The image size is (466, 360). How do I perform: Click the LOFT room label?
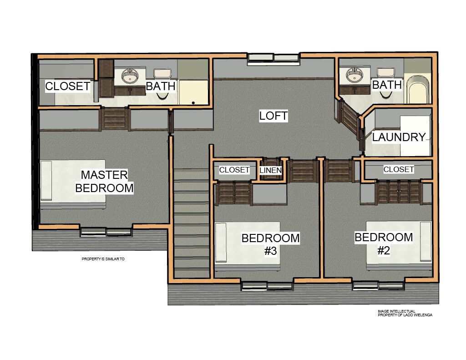pos(274,116)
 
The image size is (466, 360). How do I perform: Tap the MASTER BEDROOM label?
pos(104,181)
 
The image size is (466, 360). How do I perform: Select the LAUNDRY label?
pos(399,137)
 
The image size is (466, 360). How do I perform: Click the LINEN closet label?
pos(270,170)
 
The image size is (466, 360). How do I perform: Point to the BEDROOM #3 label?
pos(270,244)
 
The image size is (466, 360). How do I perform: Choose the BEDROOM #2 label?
pos(384,244)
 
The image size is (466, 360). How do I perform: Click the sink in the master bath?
pos(130,76)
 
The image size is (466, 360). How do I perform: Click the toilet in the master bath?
pos(162,83)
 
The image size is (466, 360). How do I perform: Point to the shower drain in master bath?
pos(193,103)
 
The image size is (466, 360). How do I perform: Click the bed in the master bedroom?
pos(73,184)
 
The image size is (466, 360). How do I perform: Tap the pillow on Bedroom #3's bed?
pos(221,243)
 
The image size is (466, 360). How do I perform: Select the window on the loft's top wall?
pos(274,59)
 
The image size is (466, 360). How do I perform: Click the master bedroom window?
pos(106,232)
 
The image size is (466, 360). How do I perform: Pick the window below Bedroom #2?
pos(378,286)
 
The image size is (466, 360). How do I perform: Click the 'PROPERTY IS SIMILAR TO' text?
pos(103,259)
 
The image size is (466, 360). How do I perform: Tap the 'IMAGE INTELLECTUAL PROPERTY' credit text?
pos(405,313)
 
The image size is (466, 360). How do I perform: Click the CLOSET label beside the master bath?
pos(67,86)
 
